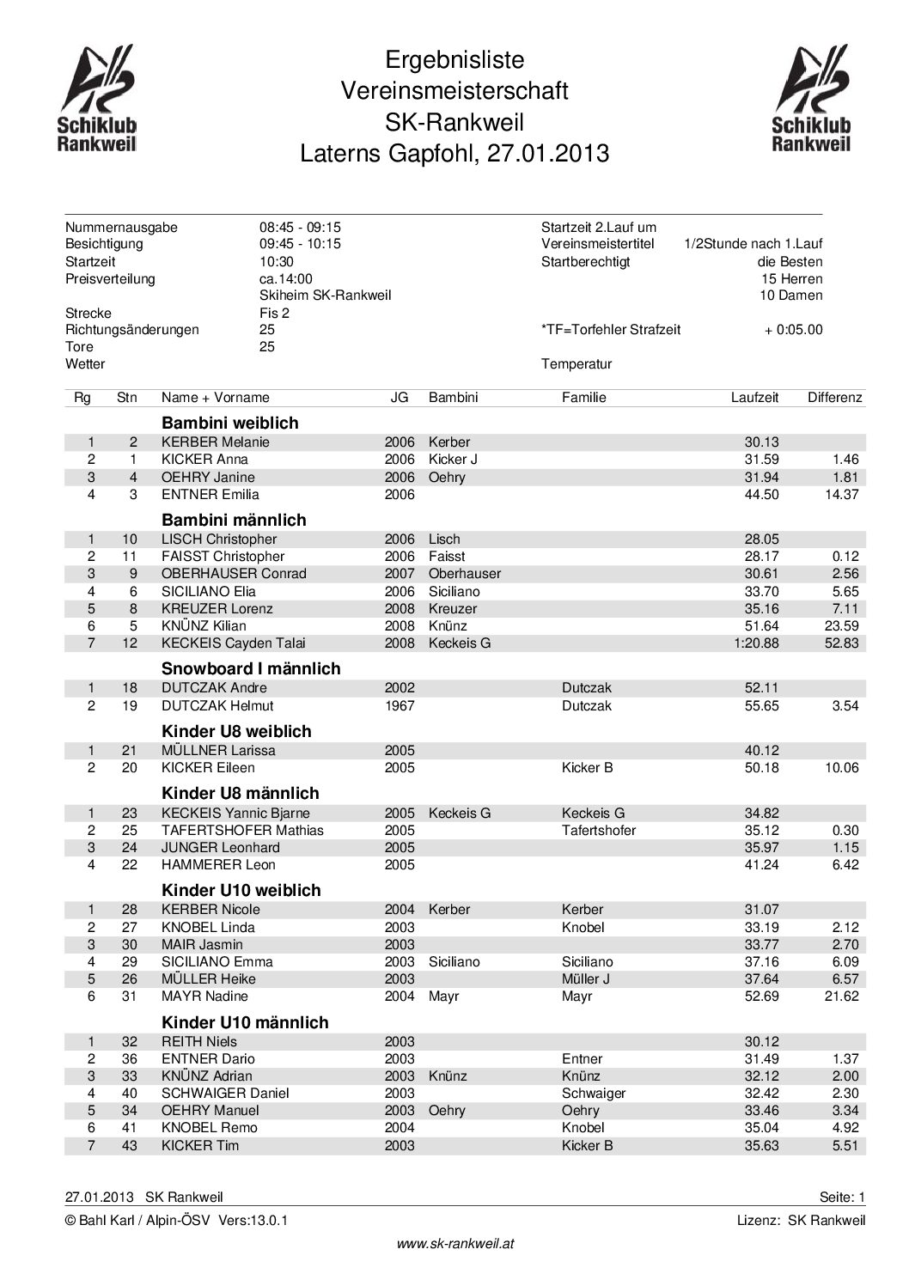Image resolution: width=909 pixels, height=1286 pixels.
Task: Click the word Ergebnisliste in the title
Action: point(454,61)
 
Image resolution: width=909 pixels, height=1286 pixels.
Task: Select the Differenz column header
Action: point(834,398)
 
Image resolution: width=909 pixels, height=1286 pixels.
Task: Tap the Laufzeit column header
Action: point(754,398)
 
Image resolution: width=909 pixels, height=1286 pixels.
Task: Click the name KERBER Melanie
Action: point(216,442)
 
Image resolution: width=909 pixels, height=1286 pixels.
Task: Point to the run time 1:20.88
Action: point(756,643)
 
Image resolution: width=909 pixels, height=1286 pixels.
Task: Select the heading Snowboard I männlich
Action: point(251,669)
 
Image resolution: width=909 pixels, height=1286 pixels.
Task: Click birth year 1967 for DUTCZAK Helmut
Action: point(400,706)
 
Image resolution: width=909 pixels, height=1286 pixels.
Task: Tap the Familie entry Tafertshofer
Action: point(599,831)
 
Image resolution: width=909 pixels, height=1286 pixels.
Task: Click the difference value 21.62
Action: point(841,996)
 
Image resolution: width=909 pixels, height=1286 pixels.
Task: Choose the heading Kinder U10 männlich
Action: point(245,1023)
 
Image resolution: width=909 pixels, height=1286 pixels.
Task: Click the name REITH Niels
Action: point(199,1042)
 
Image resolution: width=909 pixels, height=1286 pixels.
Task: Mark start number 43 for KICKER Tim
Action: point(130,1146)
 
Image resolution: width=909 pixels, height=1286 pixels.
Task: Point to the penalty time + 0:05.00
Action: point(793,330)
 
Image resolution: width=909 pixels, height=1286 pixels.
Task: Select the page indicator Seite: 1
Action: point(842,1198)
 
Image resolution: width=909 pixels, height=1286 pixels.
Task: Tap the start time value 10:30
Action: point(277,262)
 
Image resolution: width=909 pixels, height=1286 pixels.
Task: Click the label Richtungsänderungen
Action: point(132,330)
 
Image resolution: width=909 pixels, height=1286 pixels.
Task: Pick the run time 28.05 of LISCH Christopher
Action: point(761,539)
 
